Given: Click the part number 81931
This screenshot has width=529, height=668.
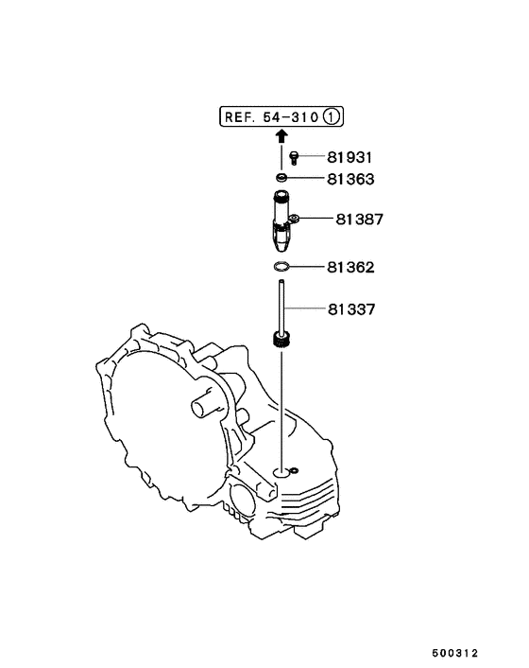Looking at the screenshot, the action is click(x=350, y=157).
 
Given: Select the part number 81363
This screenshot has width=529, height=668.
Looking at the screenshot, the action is click(x=350, y=179).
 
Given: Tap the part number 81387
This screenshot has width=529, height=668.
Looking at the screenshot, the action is click(x=360, y=219).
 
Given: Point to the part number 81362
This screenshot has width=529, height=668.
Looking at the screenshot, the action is click(x=350, y=267).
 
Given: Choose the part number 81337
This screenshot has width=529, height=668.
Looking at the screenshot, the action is click(x=351, y=309).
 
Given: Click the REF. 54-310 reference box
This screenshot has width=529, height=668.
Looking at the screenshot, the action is click(x=282, y=116).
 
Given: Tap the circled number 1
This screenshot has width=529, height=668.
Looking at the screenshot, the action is click(x=332, y=116).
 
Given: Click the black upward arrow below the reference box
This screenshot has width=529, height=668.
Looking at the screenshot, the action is click(x=282, y=136).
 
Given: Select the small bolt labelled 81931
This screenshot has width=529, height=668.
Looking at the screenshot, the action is click(x=294, y=157).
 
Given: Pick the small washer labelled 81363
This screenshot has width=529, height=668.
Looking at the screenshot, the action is click(x=282, y=177).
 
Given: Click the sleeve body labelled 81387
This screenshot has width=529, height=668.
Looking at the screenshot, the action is click(x=281, y=220).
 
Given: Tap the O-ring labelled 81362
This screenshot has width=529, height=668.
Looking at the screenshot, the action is click(x=282, y=267).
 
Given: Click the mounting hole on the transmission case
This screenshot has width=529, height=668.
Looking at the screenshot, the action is click(x=281, y=472).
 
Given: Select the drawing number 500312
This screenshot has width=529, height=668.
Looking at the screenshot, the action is click(x=455, y=653).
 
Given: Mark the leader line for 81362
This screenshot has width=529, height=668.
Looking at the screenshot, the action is click(x=307, y=267).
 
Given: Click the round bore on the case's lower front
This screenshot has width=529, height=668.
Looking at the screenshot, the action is click(x=242, y=495).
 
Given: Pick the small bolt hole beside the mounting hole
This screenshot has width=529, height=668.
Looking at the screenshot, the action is click(x=294, y=471).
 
